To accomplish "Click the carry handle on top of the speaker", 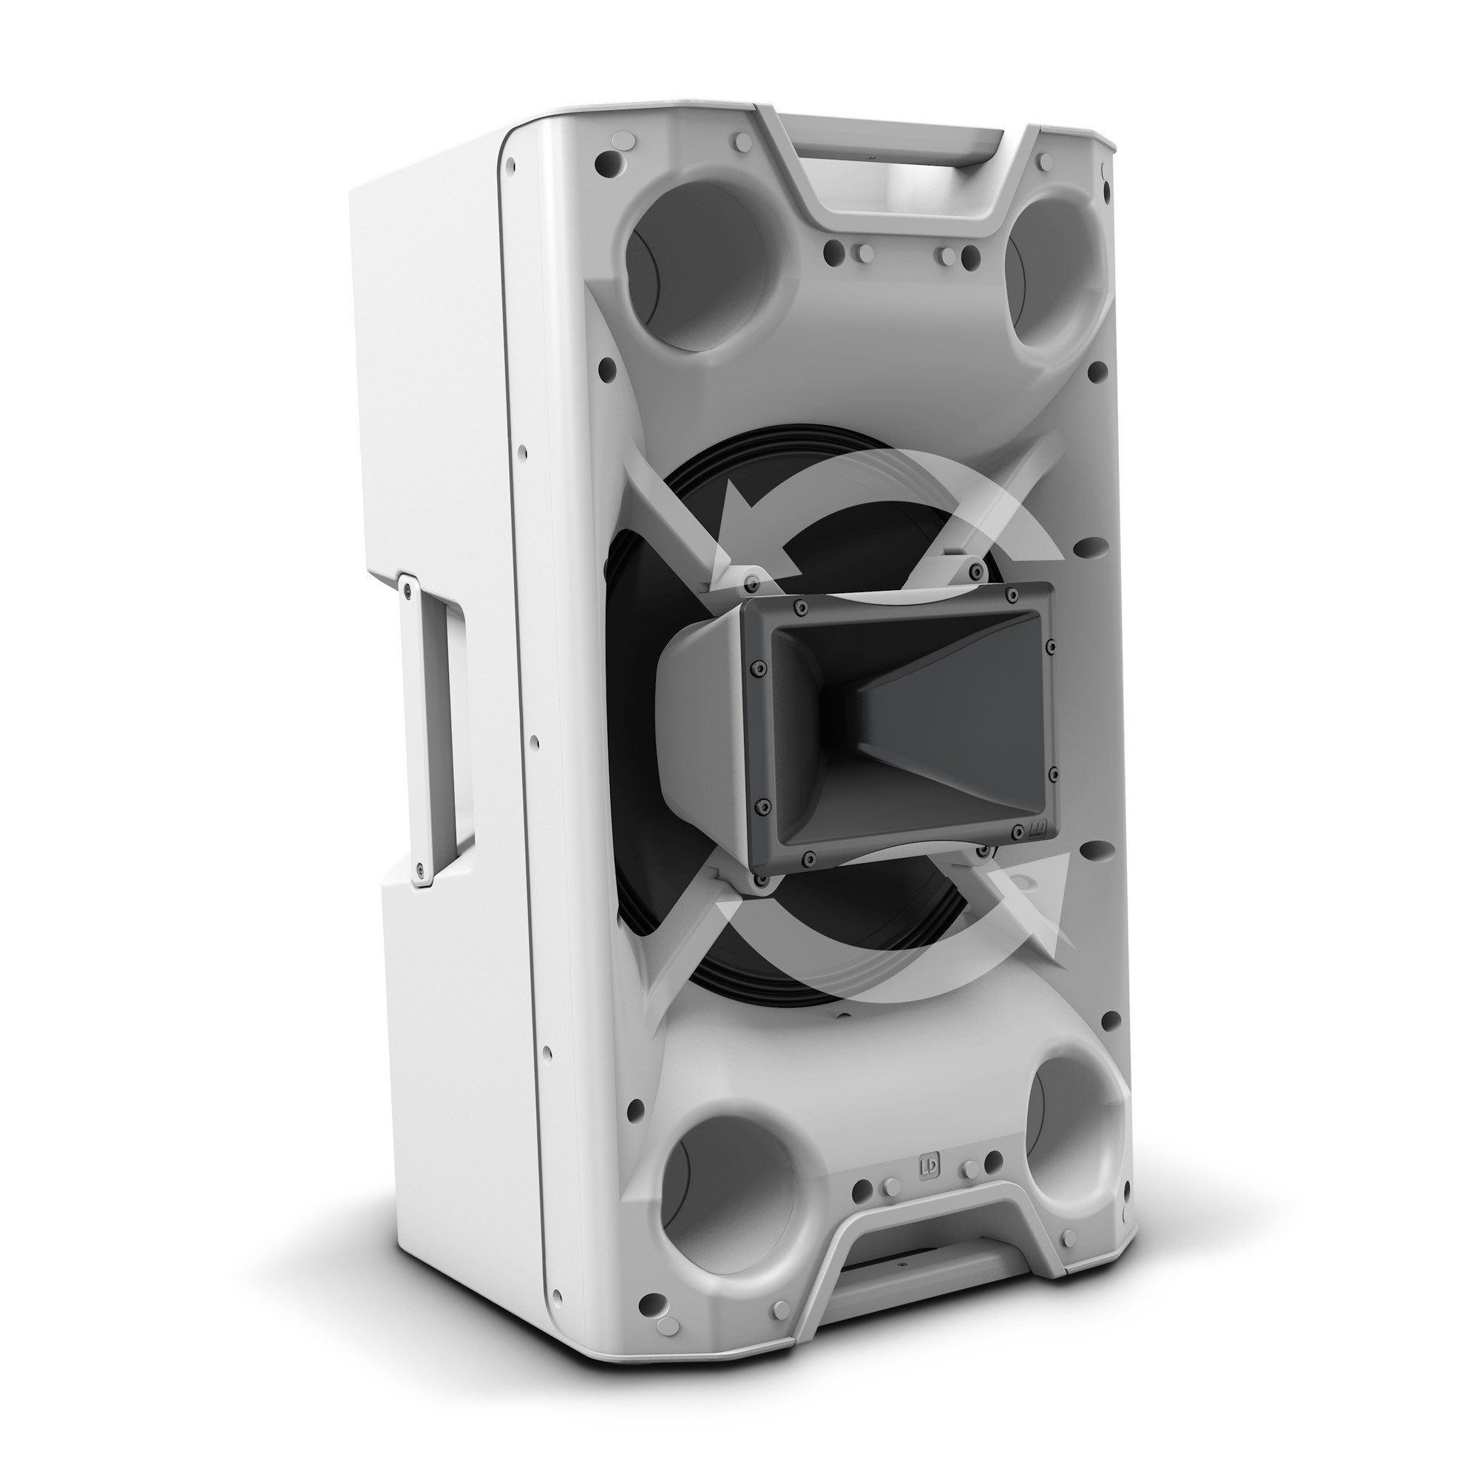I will (892, 165).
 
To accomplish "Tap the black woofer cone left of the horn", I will (635, 689).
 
